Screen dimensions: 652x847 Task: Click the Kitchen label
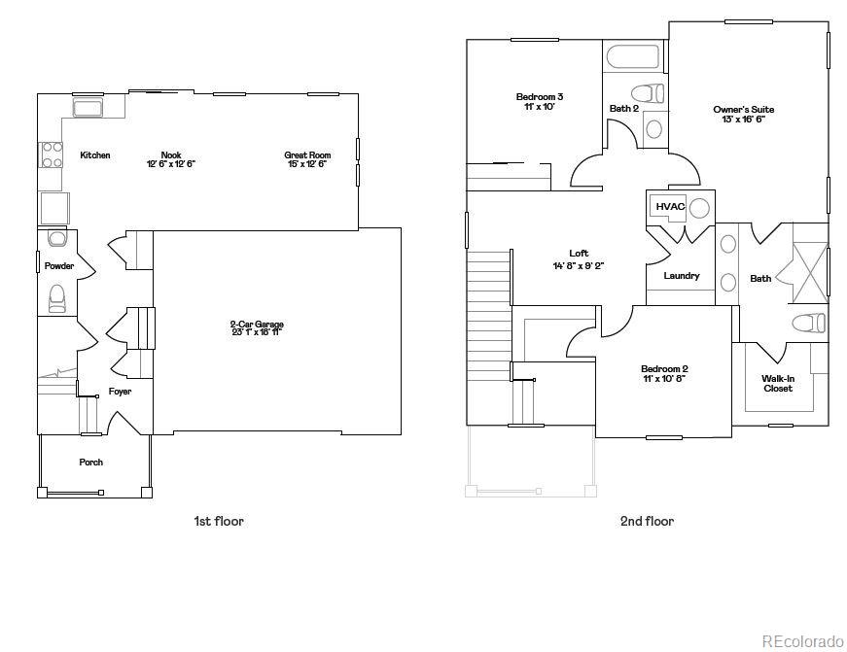95,155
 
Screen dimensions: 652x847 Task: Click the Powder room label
59,265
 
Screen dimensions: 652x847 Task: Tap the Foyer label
120,392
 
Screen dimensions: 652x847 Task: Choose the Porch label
91,463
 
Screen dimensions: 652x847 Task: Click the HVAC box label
670,207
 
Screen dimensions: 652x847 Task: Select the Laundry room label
682,276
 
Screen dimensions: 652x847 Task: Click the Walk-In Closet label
776,383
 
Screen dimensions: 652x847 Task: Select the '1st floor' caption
219,521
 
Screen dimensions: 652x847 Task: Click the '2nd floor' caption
647,521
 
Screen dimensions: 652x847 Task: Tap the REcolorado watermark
802,641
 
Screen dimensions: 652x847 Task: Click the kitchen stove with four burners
51,154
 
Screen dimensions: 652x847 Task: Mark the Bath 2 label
624,109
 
